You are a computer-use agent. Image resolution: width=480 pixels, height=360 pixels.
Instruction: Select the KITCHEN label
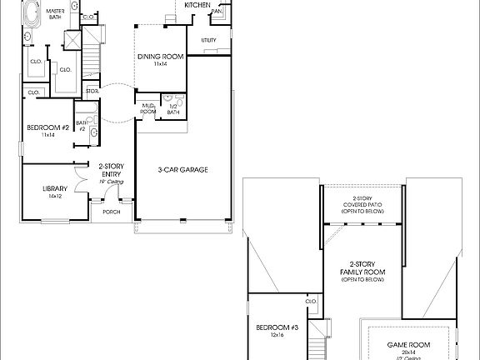197,4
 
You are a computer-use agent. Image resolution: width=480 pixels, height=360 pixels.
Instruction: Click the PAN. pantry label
217,12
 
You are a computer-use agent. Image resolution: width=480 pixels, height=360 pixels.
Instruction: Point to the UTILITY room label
209,40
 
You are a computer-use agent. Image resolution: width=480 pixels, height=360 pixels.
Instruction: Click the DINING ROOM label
160,57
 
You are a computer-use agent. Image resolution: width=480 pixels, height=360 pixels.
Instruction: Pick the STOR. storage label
92,91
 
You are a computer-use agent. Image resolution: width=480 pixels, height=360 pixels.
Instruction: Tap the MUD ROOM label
148,108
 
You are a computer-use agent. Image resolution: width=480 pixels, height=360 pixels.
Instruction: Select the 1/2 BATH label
173,108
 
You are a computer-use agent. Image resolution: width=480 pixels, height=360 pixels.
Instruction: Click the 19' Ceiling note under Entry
112,181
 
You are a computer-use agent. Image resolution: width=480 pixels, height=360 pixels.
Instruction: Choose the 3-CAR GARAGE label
182,170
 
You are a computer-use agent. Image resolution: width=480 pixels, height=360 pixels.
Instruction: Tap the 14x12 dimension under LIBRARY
55,196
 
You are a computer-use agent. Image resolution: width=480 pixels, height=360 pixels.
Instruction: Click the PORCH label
112,212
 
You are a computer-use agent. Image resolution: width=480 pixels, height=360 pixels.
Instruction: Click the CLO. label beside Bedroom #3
311,302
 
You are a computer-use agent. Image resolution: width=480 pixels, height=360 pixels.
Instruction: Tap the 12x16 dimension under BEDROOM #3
277,334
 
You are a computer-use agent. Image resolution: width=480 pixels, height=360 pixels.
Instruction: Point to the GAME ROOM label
408,344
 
